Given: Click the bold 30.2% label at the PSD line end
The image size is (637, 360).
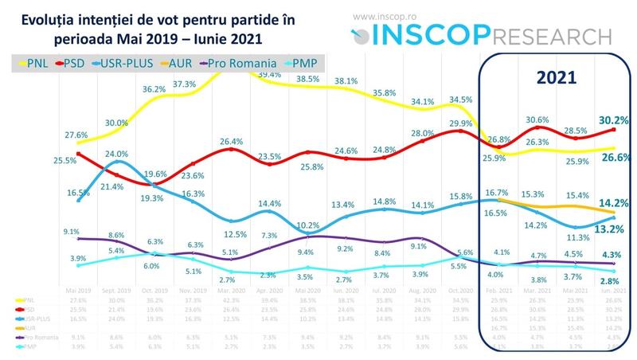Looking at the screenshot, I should click(612, 120).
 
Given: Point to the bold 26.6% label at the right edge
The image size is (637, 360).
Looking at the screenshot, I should click(612, 157).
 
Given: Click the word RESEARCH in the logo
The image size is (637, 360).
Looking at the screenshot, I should click(545, 35).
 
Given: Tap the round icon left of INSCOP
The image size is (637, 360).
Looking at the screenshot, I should click(361, 36).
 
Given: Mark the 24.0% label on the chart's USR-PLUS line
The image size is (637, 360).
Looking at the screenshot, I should click(117, 153).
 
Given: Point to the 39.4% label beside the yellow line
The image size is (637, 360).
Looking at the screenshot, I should click(268, 74).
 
